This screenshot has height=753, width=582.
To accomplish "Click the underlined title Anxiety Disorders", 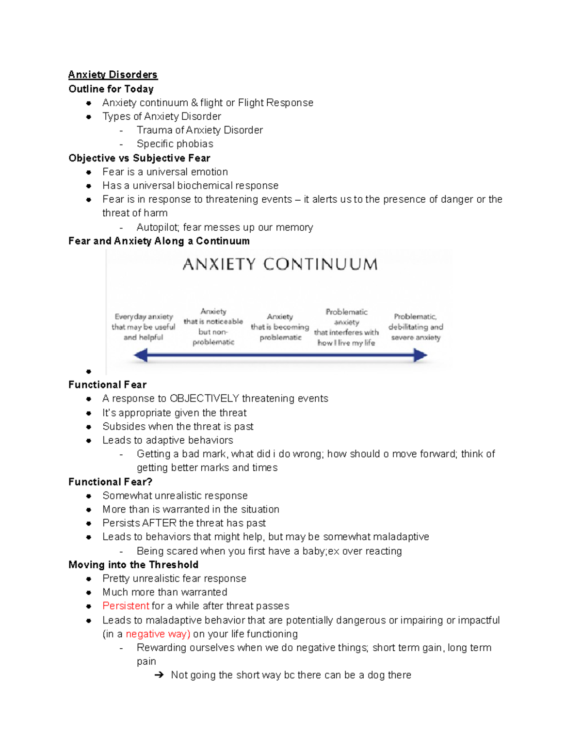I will pyautogui.click(x=113, y=75).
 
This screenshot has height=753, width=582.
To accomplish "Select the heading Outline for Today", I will pyautogui.click(x=111, y=89).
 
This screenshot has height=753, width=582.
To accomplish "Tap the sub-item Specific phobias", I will pyautogui.click(x=175, y=144).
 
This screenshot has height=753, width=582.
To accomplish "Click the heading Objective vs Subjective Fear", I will pyautogui.click(x=139, y=158).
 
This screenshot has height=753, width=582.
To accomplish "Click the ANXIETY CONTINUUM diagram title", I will pyautogui.click(x=280, y=264).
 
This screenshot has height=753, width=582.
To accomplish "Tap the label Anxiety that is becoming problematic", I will pyautogui.click(x=280, y=327).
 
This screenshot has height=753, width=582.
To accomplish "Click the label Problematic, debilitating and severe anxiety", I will pyautogui.click(x=416, y=327).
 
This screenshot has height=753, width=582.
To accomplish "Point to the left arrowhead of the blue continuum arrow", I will pyautogui.click(x=141, y=355).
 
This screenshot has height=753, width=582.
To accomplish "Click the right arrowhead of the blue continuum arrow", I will pyautogui.click(x=420, y=355).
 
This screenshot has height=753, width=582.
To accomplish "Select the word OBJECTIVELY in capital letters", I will pyautogui.click(x=204, y=399).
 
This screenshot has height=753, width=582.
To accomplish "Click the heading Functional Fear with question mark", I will pyautogui.click(x=110, y=482).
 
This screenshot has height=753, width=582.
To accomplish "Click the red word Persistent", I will pyautogui.click(x=126, y=606).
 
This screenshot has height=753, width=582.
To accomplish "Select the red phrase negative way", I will pyautogui.click(x=158, y=634).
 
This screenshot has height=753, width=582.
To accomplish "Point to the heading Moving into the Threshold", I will pyautogui.click(x=133, y=565).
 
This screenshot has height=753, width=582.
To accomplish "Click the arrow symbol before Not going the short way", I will pyautogui.click(x=159, y=675).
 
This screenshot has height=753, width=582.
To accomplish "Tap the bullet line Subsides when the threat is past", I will pyautogui.click(x=178, y=427).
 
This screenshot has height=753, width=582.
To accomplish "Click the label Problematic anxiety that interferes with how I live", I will pyautogui.click(x=346, y=327).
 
